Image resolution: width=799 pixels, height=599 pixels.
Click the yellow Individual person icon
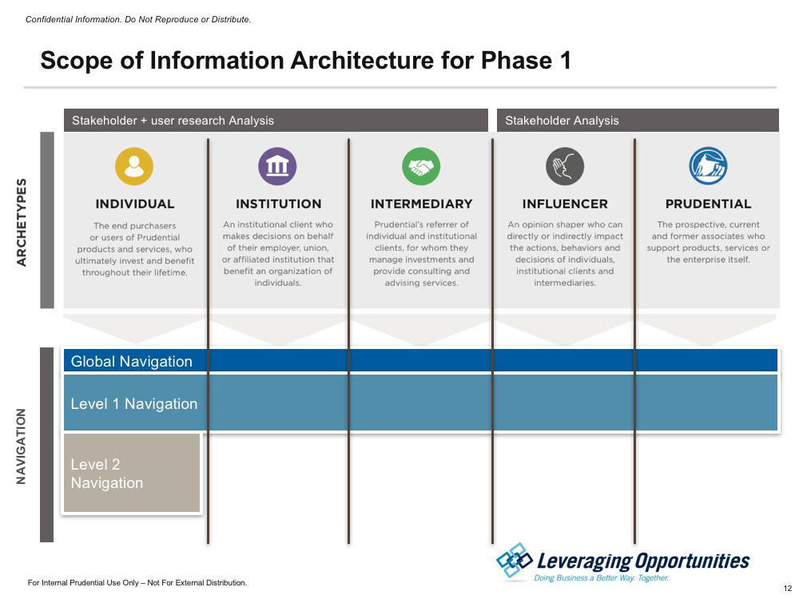click(134, 166)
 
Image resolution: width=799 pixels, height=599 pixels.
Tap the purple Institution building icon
click(278, 166)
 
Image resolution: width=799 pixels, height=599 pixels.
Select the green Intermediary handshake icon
click(421, 166)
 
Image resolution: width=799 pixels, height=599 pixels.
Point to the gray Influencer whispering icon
click(565, 166)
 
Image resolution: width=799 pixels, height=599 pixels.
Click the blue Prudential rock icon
click(708, 166)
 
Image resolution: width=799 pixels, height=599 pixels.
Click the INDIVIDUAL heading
click(135, 204)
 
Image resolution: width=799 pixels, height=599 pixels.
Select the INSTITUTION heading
click(278, 204)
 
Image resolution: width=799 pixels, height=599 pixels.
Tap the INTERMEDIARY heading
click(421, 204)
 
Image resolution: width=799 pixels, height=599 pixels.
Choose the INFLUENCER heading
click(565, 204)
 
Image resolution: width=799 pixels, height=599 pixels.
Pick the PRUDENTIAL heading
click(708, 204)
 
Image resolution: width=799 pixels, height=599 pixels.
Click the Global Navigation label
click(132, 362)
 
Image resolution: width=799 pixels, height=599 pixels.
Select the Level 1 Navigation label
click(134, 404)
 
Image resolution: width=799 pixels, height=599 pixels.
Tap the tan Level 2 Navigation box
click(132, 473)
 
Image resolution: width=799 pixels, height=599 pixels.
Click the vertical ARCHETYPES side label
click(22, 222)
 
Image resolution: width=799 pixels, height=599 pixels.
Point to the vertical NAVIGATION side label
click(21, 446)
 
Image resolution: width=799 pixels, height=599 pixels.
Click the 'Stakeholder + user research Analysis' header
click(173, 121)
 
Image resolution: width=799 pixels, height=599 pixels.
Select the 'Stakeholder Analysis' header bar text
click(562, 121)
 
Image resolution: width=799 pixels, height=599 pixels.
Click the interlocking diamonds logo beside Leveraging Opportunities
click(514, 561)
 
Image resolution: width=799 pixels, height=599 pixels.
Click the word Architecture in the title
click(361, 61)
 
